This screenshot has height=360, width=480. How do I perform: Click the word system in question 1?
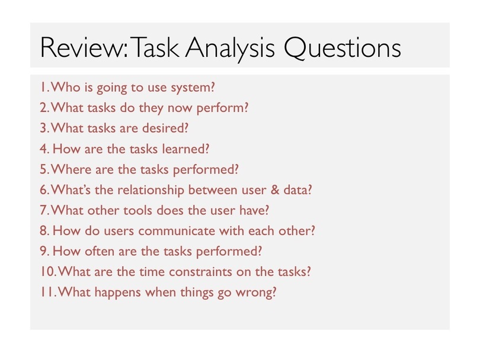(193, 88)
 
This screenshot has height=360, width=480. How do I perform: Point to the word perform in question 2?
(222, 108)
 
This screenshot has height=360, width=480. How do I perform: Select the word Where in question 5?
(71, 169)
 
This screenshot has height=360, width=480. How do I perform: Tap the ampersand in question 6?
(275, 190)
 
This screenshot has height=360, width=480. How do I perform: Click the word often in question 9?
(99, 251)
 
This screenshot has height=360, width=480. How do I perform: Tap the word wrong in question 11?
(256, 293)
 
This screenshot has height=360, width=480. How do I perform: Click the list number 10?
(48, 272)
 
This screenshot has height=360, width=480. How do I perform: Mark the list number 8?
(44, 230)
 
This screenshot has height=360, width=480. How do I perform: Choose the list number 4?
(44, 149)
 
